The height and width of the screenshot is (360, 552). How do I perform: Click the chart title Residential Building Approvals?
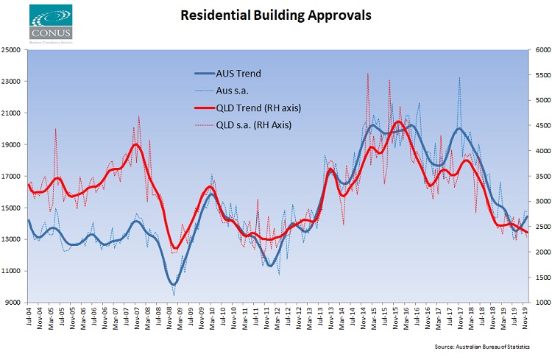[x=275, y=14]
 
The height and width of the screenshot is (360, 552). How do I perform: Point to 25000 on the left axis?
[x=13, y=50]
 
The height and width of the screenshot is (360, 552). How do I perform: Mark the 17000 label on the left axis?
[x=13, y=177]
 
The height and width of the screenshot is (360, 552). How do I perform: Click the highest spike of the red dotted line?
[x=367, y=73]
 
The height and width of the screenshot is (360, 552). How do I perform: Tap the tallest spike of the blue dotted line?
[x=459, y=77]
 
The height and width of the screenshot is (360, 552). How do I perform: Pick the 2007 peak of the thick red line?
[x=135, y=144]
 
